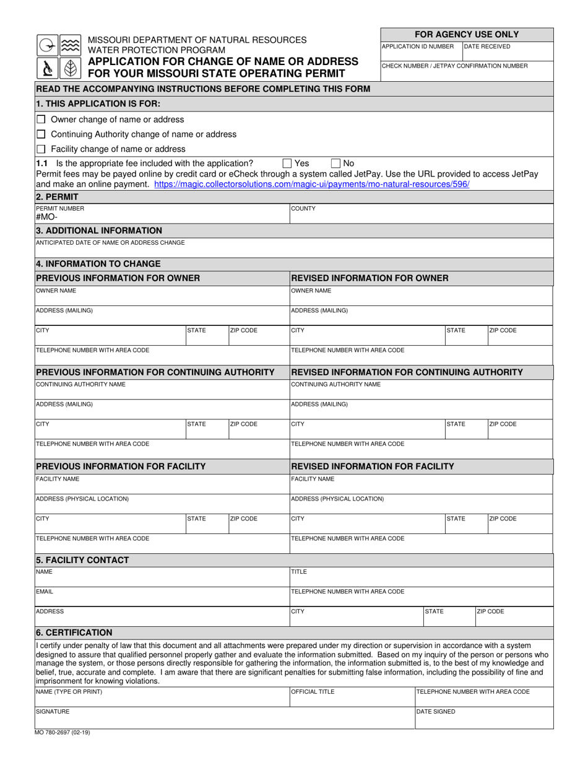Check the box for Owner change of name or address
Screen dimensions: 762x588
41,120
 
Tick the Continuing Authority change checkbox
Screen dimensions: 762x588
41,134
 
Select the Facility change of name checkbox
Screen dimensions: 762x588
41,149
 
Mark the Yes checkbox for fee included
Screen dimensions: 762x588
287,164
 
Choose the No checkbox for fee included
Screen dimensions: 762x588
336,164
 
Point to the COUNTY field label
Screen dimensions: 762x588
303,209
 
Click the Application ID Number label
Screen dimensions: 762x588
418,46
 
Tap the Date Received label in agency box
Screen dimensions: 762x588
487,46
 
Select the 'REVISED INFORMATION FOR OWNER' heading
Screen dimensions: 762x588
370,278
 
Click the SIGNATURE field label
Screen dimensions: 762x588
53,712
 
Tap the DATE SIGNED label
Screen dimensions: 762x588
436,712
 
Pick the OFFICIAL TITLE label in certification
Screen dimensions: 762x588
313,692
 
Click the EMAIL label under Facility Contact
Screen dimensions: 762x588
45,592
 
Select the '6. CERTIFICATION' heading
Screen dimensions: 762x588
74,633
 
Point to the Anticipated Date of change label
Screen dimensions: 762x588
110,242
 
